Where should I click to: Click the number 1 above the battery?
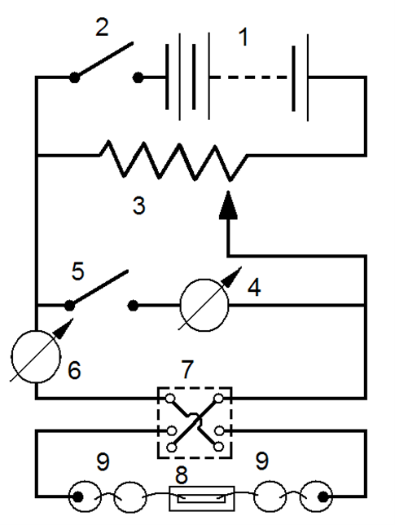coord(244,37)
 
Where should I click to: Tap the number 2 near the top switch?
coord(102,27)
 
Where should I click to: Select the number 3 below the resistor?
coord(138,205)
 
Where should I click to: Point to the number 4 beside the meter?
coord(254,287)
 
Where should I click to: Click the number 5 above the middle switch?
coord(77,271)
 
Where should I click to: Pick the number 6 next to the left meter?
coord(74,370)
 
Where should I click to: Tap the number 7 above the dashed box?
coord(187,369)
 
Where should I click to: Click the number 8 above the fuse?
coord(182,475)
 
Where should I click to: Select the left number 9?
coord(103,462)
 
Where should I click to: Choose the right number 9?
coord(262,461)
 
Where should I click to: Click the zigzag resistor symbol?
coord(174,161)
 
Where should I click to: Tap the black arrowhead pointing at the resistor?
coord(228,205)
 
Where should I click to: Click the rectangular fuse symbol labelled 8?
coord(202,499)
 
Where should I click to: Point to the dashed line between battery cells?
coord(248,77)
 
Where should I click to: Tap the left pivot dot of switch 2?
coord(74,77)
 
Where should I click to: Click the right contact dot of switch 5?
coord(133,306)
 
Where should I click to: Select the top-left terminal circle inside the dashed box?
coord(170,399)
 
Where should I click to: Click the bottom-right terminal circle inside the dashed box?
coord(219,447)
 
